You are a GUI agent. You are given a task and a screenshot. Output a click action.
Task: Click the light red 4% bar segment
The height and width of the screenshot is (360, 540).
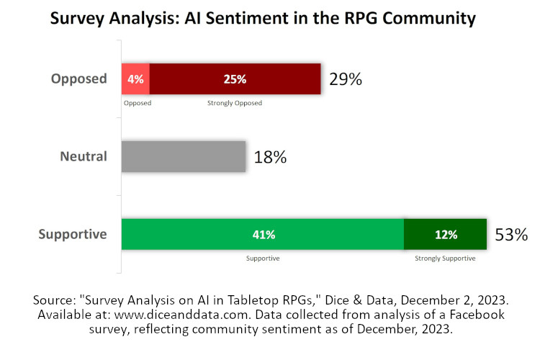point(135,79)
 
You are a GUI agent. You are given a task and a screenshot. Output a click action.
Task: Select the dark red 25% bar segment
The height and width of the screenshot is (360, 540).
point(235,79)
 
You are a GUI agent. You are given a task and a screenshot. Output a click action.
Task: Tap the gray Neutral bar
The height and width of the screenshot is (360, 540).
point(184,156)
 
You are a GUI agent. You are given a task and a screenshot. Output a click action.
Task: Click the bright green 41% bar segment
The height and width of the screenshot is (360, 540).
point(263,234)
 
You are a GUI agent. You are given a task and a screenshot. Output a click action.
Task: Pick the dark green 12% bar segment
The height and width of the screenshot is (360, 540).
point(445,234)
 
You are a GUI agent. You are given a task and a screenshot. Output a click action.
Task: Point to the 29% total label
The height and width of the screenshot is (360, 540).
point(346,80)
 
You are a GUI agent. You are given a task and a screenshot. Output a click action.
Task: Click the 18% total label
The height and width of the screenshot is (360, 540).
point(270,157)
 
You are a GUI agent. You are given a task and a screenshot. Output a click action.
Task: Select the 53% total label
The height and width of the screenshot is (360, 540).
point(511,235)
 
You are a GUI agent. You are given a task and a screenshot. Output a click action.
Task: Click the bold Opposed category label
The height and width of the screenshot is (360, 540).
point(78,78)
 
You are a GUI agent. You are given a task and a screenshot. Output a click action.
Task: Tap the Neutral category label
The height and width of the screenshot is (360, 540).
point(83,156)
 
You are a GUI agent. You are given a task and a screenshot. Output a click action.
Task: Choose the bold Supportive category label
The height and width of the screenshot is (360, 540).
point(72,234)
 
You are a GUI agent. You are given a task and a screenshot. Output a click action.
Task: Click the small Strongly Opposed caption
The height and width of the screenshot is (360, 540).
point(235,103)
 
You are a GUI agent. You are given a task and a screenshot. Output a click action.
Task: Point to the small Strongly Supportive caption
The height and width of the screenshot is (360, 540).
point(445,258)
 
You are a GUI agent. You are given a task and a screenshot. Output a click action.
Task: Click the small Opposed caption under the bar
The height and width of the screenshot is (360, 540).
point(137,103)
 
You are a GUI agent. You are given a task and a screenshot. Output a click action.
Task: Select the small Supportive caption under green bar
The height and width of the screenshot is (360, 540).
point(263,258)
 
